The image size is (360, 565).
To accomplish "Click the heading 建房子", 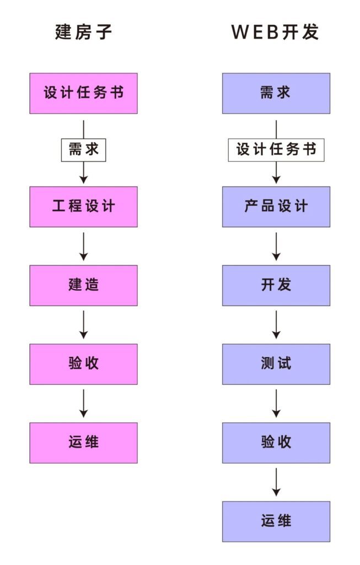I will (83, 32).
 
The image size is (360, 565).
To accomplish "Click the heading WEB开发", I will (275, 32).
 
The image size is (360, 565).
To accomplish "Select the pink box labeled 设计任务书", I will (83, 93).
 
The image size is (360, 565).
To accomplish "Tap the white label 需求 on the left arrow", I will (83, 150).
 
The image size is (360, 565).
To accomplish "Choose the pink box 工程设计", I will (83, 206).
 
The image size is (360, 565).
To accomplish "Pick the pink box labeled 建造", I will (83, 285).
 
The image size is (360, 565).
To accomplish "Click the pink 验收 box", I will (83, 364).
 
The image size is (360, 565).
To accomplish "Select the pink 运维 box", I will (83, 443).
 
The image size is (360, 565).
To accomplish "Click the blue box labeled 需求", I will (276, 93).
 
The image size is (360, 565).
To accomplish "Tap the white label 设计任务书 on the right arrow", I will (276, 150).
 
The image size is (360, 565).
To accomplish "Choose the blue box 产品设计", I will (276, 206).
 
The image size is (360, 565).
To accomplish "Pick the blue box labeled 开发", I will (276, 285).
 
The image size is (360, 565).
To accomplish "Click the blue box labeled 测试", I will (276, 364).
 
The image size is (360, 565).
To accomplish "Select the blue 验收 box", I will (276, 443).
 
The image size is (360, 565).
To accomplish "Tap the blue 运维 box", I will (276, 521).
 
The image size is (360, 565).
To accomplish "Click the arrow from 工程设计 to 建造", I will (83, 246).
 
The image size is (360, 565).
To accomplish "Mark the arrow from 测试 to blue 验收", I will (276, 403).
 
